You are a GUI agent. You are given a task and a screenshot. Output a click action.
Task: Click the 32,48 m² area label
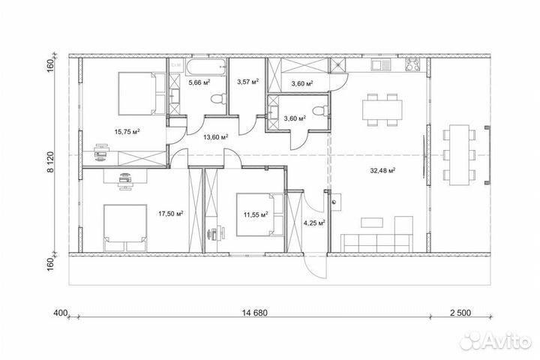click(382, 170)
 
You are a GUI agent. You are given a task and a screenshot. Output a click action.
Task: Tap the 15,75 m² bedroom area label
click(127, 131)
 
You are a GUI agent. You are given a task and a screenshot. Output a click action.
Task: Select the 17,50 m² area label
click(170, 214)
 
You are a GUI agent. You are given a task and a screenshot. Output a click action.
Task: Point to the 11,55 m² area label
click(256, 214)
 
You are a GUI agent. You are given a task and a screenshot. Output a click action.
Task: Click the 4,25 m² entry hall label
click(314, 223)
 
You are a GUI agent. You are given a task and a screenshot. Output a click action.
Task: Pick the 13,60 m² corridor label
click(216, 137)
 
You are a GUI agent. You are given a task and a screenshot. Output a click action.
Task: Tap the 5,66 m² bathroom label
click(199, 82)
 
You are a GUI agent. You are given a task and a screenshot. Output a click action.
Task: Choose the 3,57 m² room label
click(248, 82)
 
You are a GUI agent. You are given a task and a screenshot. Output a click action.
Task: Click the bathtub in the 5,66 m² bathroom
click(206, 67)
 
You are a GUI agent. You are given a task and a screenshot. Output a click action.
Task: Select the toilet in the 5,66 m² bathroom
click(218, 99)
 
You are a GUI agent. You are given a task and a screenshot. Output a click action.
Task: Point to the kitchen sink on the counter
click(381, 65)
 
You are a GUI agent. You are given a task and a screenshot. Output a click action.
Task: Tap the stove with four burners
click(412, 64)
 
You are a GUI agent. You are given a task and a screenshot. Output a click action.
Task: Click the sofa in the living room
click(377, 242)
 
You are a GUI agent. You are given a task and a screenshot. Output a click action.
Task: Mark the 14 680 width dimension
click(254, 313)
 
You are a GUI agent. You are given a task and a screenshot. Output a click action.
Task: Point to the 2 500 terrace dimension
click(460, 313)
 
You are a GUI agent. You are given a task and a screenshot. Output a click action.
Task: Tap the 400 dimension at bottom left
click(60, 313)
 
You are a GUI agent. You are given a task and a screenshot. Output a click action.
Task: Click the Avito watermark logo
click(496, 340)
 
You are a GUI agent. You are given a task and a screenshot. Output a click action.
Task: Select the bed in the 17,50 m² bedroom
click(125, 228)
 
